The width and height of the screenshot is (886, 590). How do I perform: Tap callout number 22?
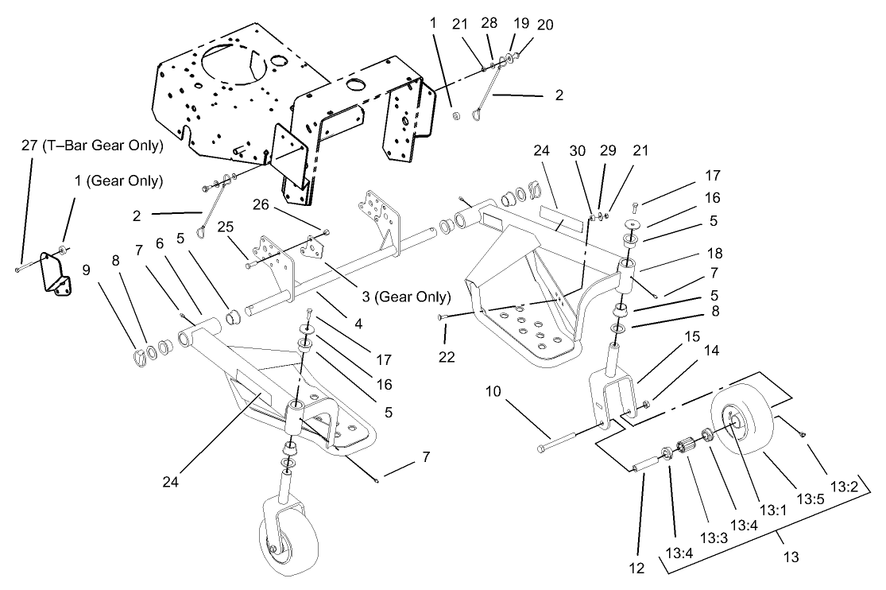coord(447,357)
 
